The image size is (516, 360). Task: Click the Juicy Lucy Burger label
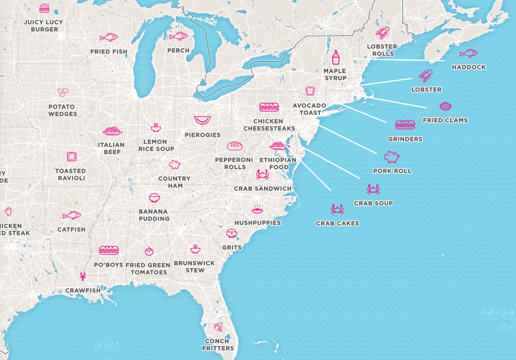43,25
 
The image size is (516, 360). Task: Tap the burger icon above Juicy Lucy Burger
44,8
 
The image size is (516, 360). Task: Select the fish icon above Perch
178,36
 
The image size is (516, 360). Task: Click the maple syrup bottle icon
335,58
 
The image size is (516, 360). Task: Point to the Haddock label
469,67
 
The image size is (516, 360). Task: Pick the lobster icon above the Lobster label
425,76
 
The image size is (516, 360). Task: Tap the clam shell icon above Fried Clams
445,107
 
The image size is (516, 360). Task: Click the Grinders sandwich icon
405,125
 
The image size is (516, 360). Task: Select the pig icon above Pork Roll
392,157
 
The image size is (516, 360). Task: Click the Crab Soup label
373,203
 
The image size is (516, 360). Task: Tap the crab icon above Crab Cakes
337,209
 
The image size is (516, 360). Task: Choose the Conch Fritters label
218,344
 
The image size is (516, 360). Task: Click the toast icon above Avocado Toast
310,91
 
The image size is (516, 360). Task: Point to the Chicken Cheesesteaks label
269,125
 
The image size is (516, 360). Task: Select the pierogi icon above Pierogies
202,121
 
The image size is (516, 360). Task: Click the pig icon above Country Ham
175,164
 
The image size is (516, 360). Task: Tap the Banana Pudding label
154,215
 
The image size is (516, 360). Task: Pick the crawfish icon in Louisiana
83,277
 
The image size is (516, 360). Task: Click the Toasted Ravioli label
71,174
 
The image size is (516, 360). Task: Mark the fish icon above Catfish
71,215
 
